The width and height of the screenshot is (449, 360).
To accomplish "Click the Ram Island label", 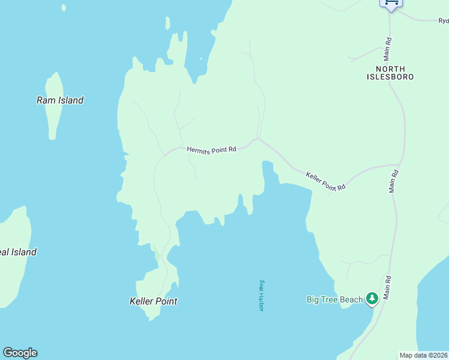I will pyautogui.click(x=60, y=100).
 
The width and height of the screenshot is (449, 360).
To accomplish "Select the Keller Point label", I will pyautogui.click(x=154, y=301).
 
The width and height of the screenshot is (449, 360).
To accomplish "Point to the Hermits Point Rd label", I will pyautogui.click(x=211, y=149).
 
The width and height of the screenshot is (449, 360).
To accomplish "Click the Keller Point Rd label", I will pyautogui.click(x=326, y=181).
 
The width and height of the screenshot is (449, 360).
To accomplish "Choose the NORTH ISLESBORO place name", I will pyautogui.click(x=391, y=73).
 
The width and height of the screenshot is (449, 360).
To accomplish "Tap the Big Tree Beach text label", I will pyautogui.click(x=334, y=299).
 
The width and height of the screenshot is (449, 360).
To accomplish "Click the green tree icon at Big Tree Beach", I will pyautogui.click(x=372, y=298).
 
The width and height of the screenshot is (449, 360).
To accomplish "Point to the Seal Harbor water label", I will pyautogui.click(x=262, y=295).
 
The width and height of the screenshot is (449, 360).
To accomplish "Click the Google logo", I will pyautogui.click(x=20, y=353).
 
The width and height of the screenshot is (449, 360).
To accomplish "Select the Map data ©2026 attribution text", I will pyautogui.click(x=424, y=355).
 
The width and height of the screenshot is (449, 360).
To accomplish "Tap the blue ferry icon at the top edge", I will pyautogui.click(x=391, y=3).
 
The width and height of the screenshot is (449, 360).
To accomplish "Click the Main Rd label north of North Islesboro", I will pyautogui.click(x=388, y=49).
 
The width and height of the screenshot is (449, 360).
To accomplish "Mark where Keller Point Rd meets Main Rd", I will pyautogui.click(x=399, y=164).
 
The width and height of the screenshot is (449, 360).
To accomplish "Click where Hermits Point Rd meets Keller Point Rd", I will pyautogui.click(x=258, y=139).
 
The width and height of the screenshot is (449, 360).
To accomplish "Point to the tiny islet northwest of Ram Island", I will pyautogui.click(x=63, y=8).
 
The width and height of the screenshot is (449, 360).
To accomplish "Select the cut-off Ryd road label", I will pyautogui.click(x=443, y=21).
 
